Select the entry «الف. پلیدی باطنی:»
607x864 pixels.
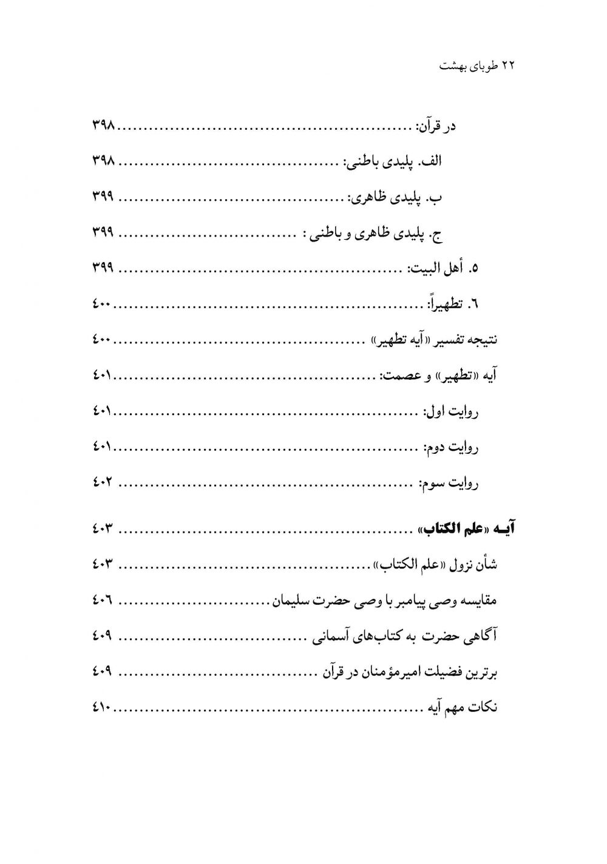click(x=395, y=162)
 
